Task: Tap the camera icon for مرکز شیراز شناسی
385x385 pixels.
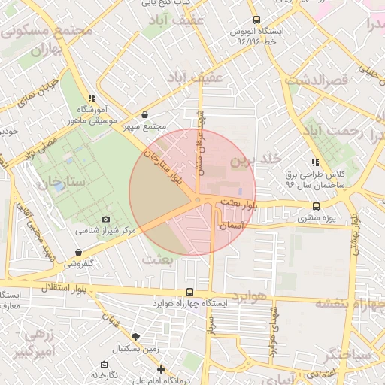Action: [x=105, y=218]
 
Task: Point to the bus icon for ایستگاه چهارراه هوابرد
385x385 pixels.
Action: [x=188, y=292]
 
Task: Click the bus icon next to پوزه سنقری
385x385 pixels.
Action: [x=315, y=206]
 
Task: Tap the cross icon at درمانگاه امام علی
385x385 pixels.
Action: [x=161, y=369]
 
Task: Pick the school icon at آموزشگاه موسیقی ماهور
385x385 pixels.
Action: [x=91, y=98]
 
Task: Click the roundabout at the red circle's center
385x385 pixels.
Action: [x=197, y=199]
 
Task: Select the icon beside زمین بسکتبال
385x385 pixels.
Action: [x=135, y=338]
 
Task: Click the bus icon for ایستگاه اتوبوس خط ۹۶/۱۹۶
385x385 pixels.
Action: [x=257, y=20]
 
